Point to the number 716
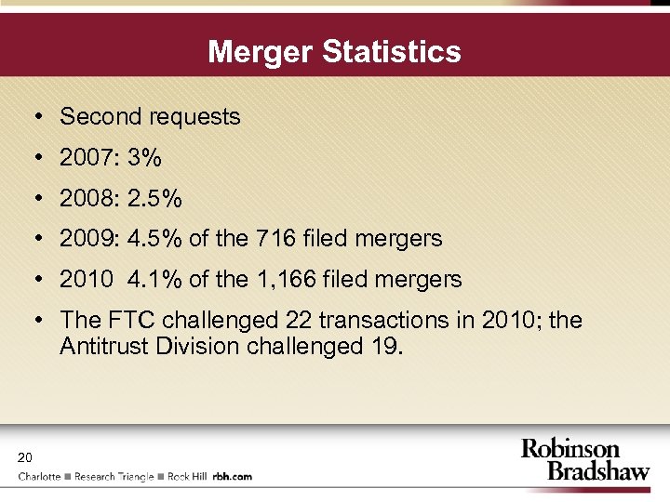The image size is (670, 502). tap(275, 239)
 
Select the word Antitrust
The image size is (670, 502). tap(102, 347)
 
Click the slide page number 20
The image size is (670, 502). tap(24, 456)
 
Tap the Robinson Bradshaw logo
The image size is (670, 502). tap(584, 460)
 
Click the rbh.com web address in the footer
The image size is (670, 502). tap(233, 477)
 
